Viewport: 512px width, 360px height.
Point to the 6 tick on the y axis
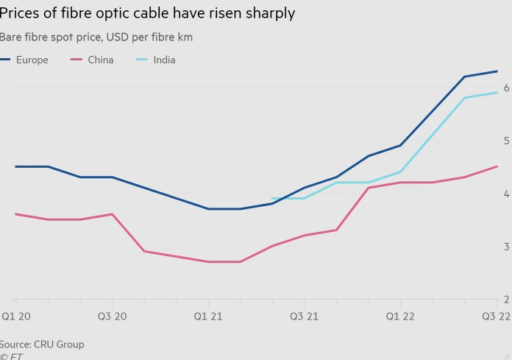[505, 88]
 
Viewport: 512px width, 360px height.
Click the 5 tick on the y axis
[505, 141]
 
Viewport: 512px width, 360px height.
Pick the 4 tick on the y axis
[505, 194]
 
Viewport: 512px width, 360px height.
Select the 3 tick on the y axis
[505, 247]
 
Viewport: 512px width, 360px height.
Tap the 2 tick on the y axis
[505, 300]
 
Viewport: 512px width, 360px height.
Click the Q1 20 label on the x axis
[15, 317]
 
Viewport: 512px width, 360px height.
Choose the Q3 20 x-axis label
[112, 317]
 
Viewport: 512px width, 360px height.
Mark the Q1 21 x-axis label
[208, 317]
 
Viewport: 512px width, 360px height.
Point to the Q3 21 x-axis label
[305, 317]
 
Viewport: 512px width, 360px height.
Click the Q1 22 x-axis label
[401, 317]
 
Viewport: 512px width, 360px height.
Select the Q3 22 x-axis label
[497, 317]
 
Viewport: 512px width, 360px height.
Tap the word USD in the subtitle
[112, 37]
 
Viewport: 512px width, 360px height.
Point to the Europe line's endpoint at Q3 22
[497, 71]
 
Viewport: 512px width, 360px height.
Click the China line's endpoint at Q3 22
[497, 166]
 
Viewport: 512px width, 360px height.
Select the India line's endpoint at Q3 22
[497, 93]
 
